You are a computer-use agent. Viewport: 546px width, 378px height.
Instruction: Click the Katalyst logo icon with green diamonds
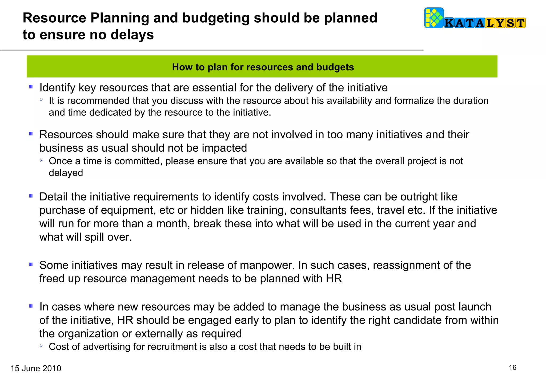pyautogui.click(x=434, y=18)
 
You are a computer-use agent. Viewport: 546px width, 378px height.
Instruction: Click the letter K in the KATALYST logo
pyautogui.click(x=449, y=23)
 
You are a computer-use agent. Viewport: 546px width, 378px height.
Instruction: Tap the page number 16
pyautogui.click(x=512, y=368)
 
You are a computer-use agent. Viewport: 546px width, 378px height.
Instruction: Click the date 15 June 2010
pyautogui.click(x=36, y=368)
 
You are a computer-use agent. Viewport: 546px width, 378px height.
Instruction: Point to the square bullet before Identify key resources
pyautogui.click(x=31, y=87)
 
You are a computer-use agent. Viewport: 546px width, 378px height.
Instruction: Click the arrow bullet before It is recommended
pyautogui.click(x=41, y=100)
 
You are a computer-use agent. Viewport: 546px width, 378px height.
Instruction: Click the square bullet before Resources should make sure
pyautogui.click(x=31, y=134)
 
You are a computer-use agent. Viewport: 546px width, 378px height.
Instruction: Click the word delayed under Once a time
pyautogui.click(x=66, y=173)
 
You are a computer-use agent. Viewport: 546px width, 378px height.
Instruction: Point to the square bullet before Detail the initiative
pyautogui.click(x=31, y=196)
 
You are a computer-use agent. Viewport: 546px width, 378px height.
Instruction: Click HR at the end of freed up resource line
pyautogui.click(x=334, y=279)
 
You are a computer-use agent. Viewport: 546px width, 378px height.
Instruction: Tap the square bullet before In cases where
pyautogui.click(x=31, y=306)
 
